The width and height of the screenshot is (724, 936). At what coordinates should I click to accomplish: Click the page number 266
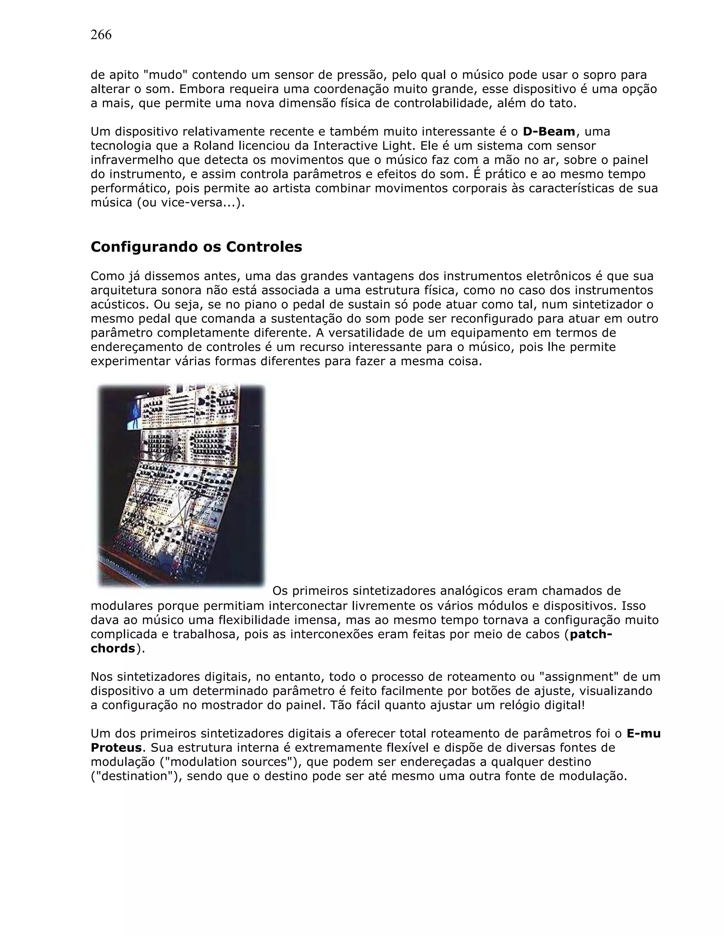coord(101,35)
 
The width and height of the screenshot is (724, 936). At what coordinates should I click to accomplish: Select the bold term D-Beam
coord(549,132)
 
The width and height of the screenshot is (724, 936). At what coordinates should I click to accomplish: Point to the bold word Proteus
coord(116,748)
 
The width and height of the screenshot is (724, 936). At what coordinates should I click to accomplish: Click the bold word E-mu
coord(643,734)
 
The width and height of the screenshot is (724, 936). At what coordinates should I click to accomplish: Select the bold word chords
coord(113,648)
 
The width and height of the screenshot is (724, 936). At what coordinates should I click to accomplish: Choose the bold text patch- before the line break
coord(591,634)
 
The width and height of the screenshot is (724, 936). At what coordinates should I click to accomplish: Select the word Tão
coord(341,705)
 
